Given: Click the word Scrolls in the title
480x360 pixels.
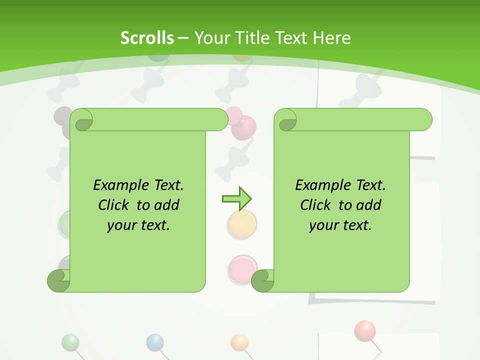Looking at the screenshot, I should click(147, 37).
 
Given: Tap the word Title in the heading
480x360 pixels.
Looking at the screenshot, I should click(253, 37).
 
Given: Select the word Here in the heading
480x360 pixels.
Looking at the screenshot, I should click(332, 37).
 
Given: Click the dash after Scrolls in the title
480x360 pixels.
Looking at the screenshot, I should click(183, 38).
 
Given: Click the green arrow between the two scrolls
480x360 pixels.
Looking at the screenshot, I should click(236, 199).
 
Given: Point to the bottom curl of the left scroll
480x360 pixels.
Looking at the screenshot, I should click(58, 280).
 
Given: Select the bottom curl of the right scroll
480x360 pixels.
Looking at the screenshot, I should click(262, 280).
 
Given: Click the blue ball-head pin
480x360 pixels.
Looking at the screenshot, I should click(155, 342).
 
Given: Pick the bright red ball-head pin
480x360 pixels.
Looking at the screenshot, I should click(364, 330).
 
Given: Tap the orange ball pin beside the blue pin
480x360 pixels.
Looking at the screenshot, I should click(239, 342).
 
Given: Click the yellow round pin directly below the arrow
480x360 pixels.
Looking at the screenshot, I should click(243, 223).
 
